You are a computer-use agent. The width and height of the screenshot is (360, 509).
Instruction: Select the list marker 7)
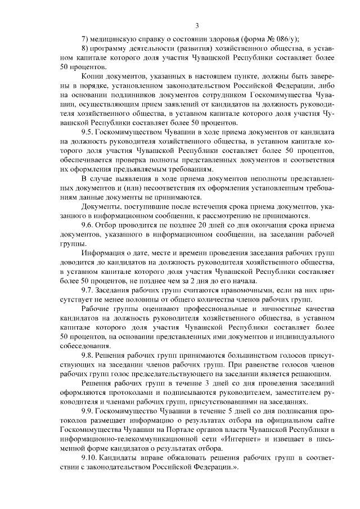(x=85, y=39)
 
